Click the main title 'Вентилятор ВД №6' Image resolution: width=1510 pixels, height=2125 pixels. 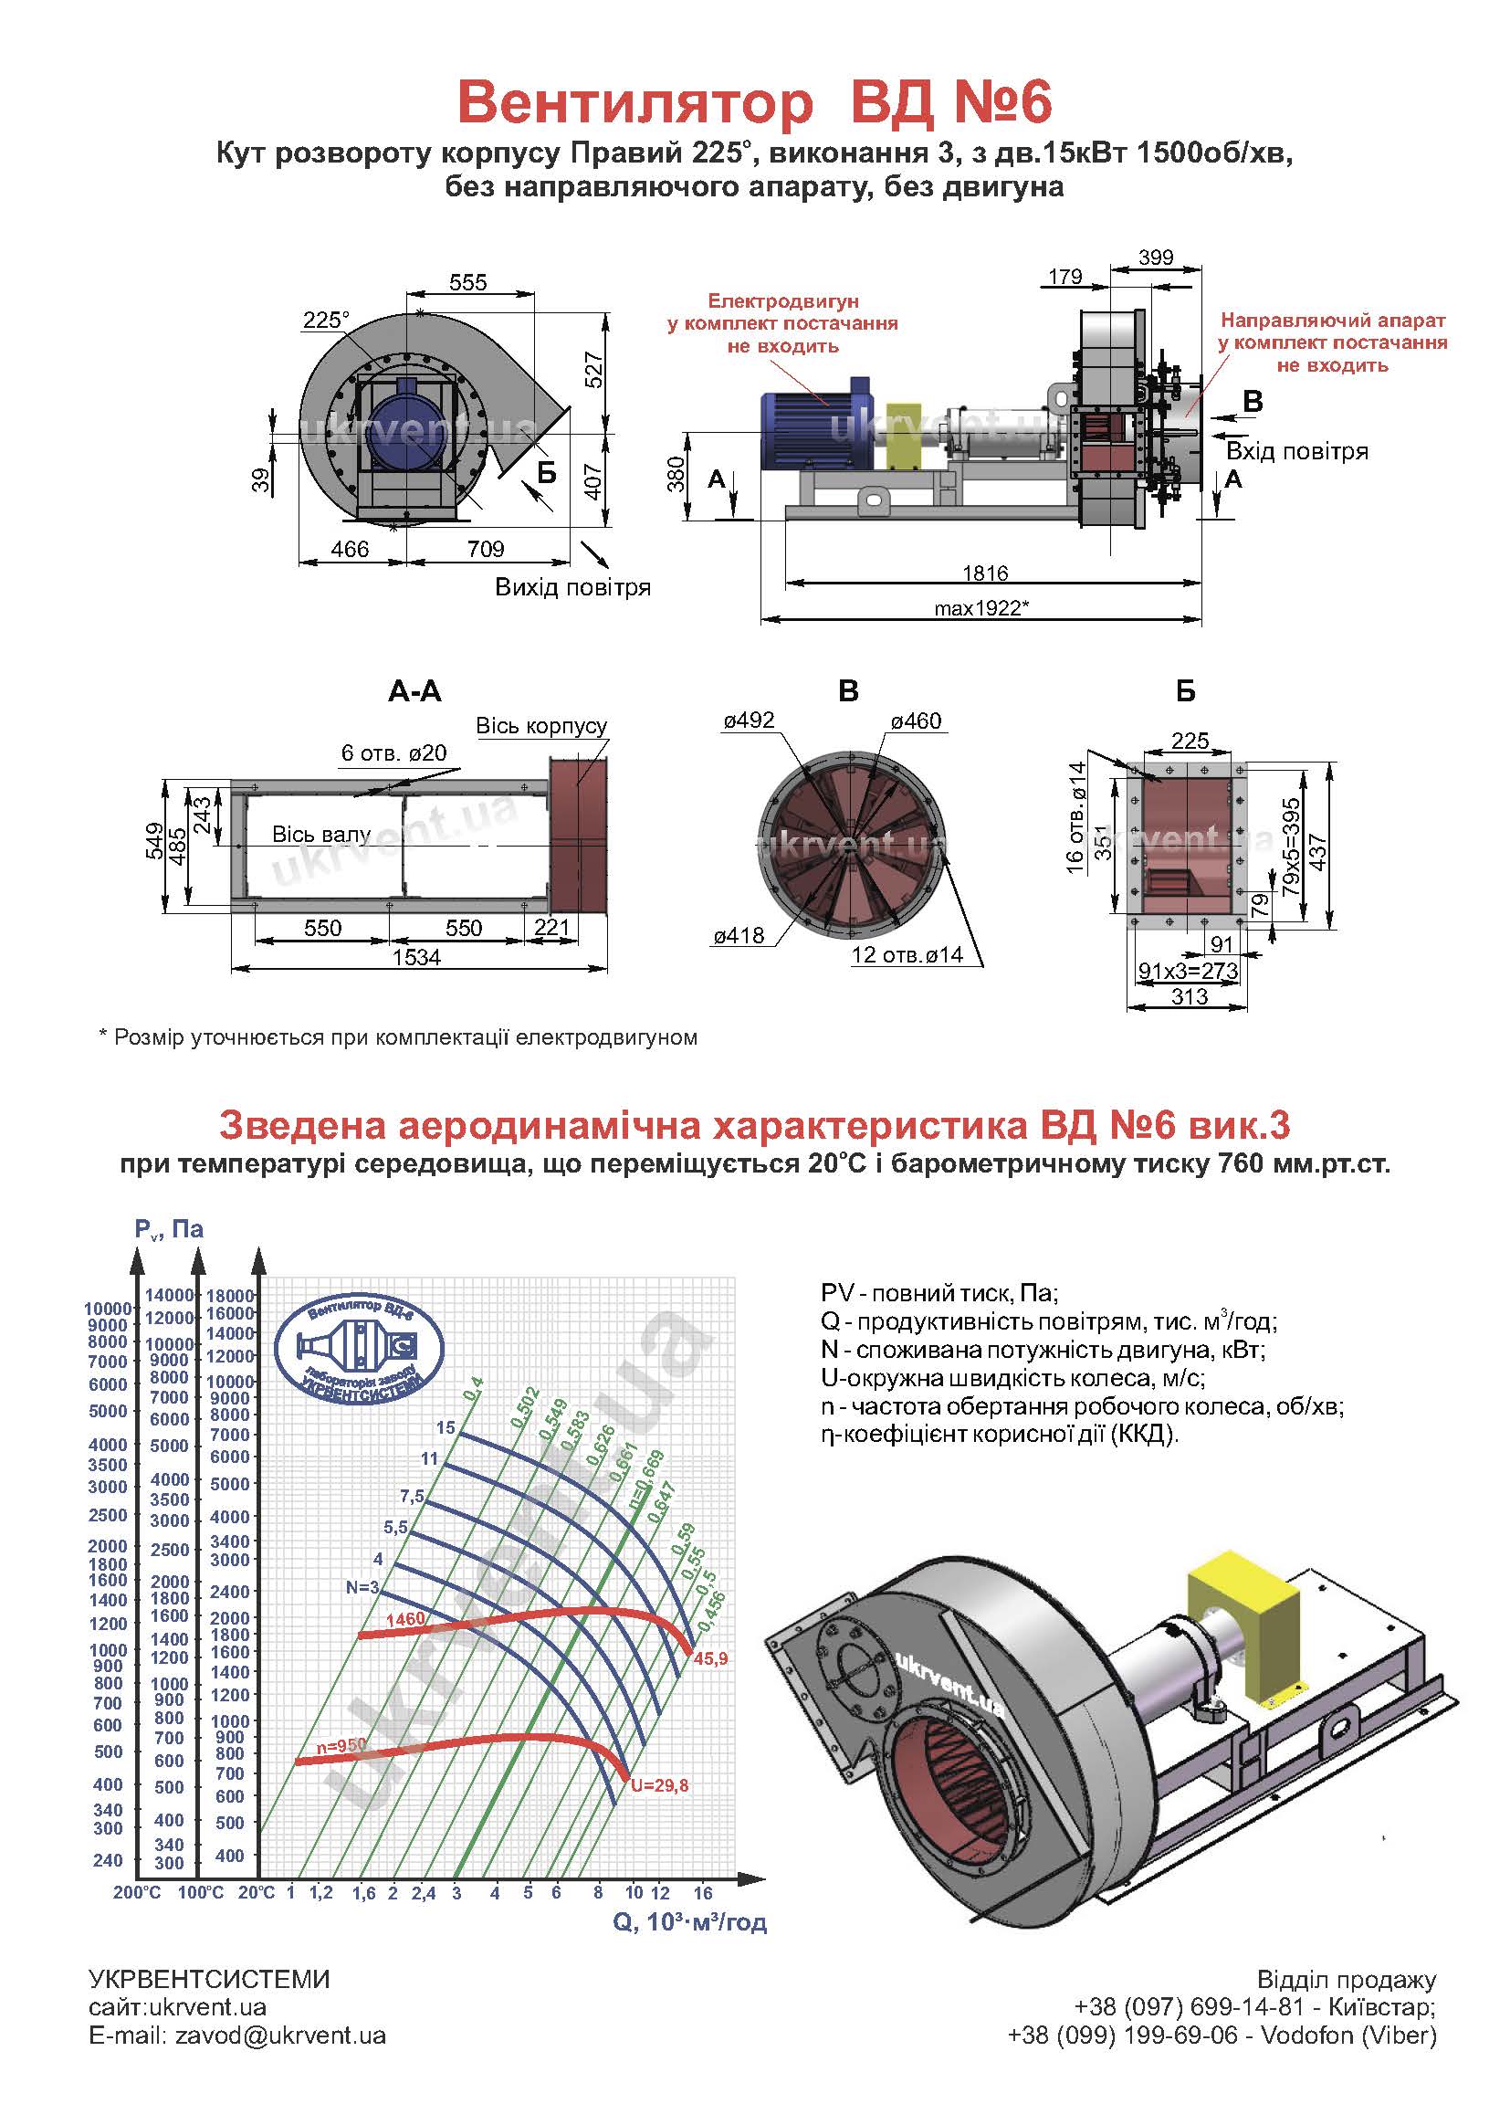click(x=754, y=102)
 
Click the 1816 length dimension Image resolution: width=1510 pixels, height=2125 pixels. click(x=986, y=573)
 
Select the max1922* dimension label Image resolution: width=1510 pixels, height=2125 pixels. click(x=982, y=608)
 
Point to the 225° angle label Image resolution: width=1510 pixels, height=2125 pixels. click(x=325, y=320)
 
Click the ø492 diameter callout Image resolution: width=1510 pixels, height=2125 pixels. click(x=749, y=721)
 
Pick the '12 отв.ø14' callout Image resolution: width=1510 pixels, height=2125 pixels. click(x=907, y=954)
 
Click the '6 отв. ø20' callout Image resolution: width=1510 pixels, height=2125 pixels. click(x=394, y=752)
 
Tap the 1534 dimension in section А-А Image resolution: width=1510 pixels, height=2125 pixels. click(x=416, y=957)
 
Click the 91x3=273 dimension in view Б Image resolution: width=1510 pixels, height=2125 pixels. click(x=1189, y=971)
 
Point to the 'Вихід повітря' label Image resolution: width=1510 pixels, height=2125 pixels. click(x=572, y=588)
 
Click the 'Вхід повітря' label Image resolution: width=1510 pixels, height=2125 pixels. click(x=1297, y=452)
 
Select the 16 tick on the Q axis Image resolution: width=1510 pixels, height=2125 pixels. click(x=703, y=1892)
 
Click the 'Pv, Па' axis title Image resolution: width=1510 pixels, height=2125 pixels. click(x=169, y=1229)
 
